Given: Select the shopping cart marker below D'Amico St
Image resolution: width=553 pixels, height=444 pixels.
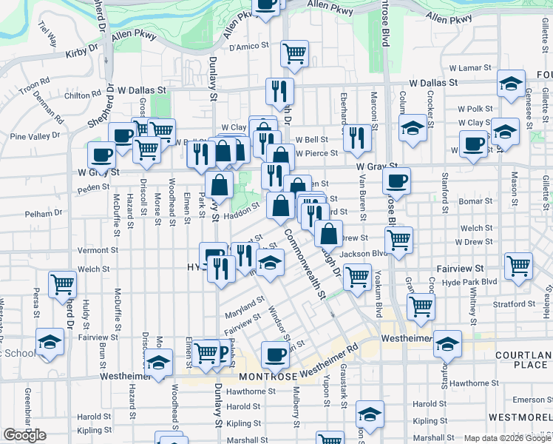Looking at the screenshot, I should (294, 54).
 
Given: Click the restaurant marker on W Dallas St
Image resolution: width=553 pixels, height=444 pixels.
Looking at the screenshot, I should (279, 91).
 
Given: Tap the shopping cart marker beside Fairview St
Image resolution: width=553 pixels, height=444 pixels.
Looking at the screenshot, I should (518, 264).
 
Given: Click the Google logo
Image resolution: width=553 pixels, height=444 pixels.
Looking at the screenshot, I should (24, 435).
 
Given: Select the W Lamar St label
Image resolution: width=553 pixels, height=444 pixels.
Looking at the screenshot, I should (469, 68).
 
